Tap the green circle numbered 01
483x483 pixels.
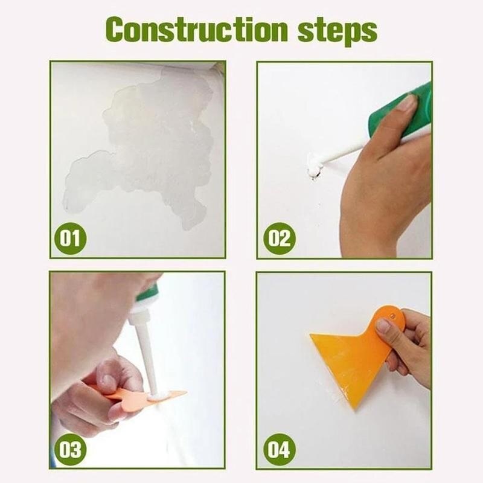71,238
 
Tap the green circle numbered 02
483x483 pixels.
279,238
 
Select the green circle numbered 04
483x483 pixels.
279,449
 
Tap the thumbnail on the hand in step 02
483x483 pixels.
406,103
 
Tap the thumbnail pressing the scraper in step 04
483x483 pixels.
383,326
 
